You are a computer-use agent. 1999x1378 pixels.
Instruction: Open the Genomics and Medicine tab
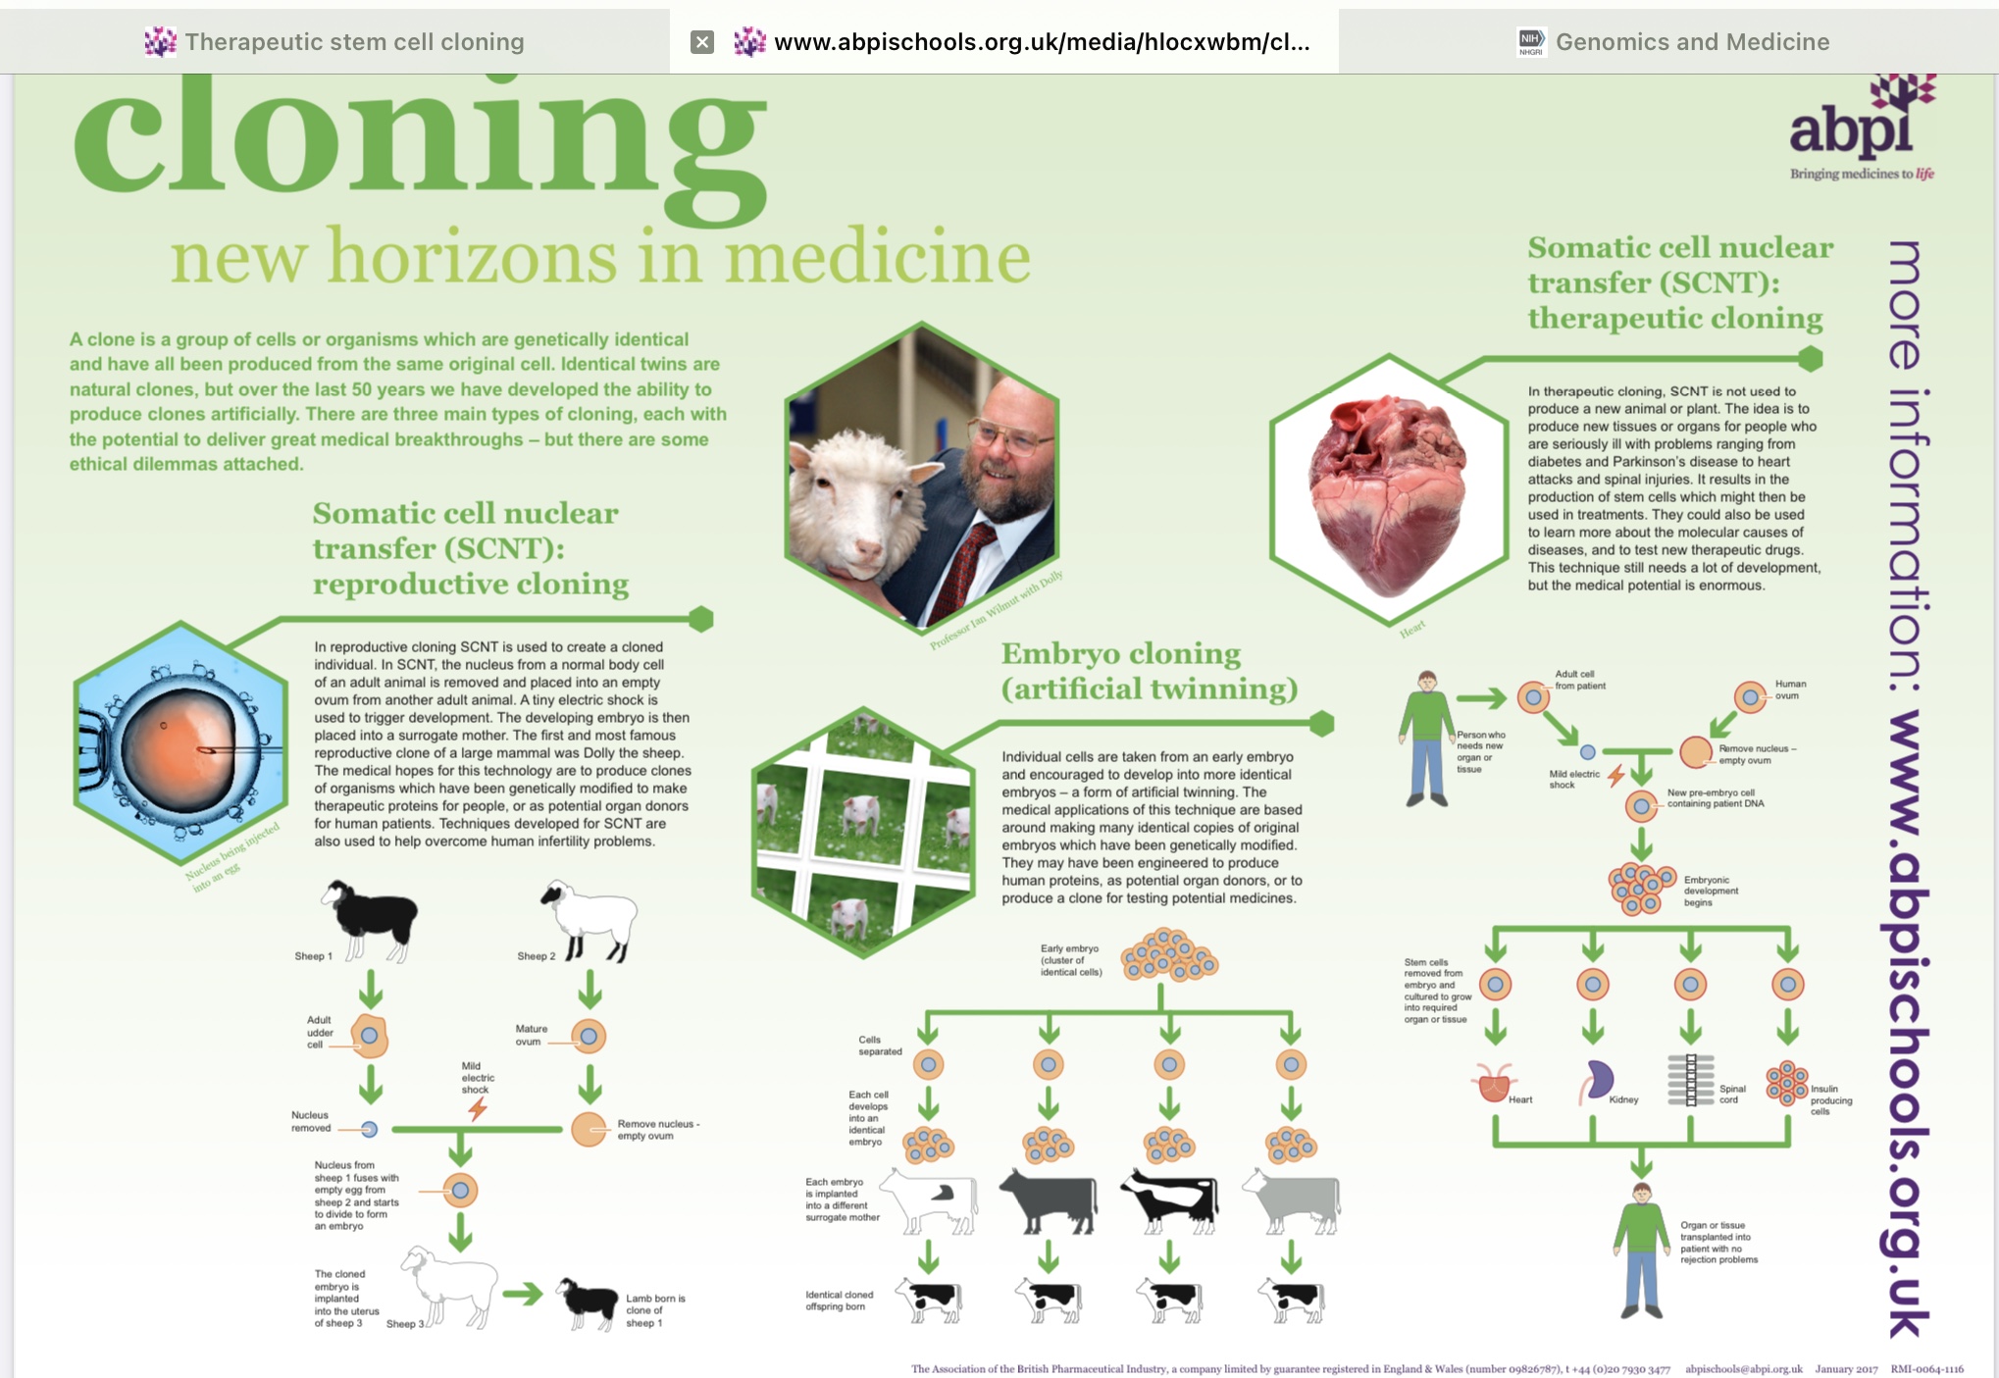tap(1691, 42)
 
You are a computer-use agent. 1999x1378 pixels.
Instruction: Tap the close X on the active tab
tap(702, 42)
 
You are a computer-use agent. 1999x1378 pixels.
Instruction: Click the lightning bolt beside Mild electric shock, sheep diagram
tap(478, 1109)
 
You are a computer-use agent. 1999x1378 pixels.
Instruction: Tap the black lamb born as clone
tap(589, 1300)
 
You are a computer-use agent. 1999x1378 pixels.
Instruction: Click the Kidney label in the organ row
tap(1623, 1099)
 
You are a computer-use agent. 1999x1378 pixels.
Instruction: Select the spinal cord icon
tap(1690, 1080)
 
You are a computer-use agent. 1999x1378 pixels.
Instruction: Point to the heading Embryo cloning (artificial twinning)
tap(1148, 671)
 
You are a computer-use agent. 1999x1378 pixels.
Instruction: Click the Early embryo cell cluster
tap(1168, 955)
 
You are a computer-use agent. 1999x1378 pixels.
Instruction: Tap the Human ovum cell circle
tap(1750, 697)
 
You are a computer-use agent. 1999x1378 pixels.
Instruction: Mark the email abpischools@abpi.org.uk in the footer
tap(1743, 1369)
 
